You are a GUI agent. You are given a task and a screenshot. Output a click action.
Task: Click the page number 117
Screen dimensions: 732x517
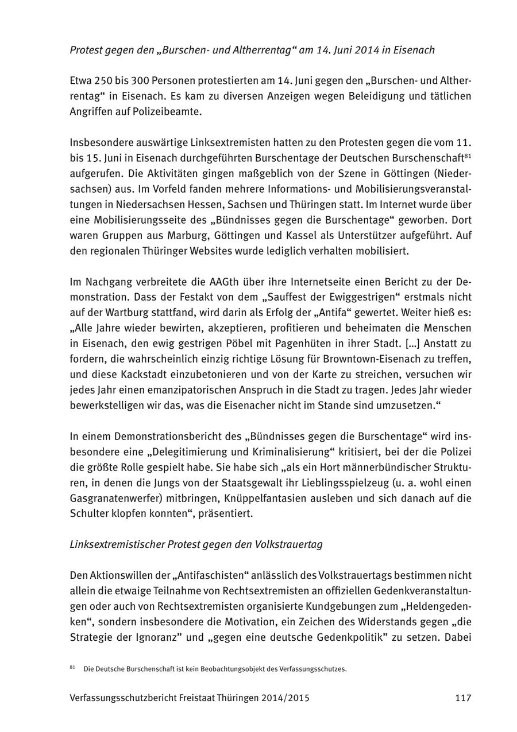pyautogui.click(x=463, y=698)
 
